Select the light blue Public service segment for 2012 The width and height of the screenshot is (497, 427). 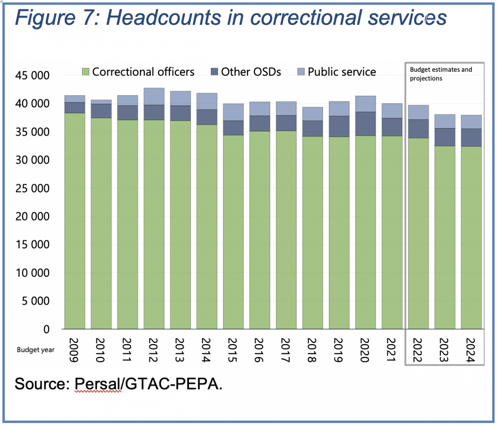point(154,96)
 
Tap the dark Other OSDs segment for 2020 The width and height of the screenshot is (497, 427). point(366,124)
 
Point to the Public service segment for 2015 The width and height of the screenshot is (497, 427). point(233,112)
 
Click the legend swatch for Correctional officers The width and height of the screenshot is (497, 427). point(86,72)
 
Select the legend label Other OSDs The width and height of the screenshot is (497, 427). point(251,72)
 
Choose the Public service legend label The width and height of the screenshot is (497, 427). point(342,72)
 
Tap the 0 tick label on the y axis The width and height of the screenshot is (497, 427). point(46,329)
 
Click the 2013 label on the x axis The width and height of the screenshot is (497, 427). point(180,350)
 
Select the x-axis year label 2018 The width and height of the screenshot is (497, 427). point(313,350)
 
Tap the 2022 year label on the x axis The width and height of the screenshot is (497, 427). point(418,350)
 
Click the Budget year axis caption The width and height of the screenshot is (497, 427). point(36,350)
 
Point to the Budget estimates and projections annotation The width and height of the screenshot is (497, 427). point(441,74)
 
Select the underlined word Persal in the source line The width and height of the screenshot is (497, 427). point(98,384)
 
